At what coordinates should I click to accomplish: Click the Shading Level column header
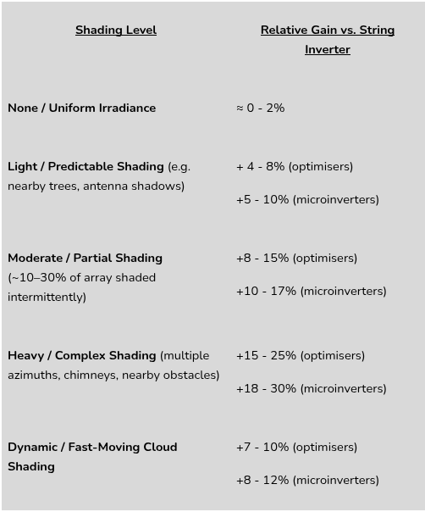pos(116,31)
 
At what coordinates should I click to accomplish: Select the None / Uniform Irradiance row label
pos(82,109)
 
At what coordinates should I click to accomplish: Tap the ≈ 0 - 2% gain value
pos(260,109)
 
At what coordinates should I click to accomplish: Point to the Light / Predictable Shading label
pos(86,167)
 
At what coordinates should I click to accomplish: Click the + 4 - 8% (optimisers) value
pos(294,167)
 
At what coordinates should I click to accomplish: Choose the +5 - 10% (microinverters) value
pos(307,200)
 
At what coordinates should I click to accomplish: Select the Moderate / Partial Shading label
pos(85,259)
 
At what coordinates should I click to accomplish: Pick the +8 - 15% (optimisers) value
pos(296,259)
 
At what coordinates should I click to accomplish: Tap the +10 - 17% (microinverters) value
pos(311,292)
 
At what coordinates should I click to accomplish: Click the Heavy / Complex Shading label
pos(82,356)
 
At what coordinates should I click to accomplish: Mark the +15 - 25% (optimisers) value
pos(300,356)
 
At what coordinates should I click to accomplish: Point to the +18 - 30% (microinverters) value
pos(311,389)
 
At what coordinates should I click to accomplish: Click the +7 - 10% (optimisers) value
pos(296,448)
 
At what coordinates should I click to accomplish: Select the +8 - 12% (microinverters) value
pos(307,481)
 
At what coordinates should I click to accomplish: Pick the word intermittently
pos(47,298)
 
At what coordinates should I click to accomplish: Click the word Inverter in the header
pos(327,50)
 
